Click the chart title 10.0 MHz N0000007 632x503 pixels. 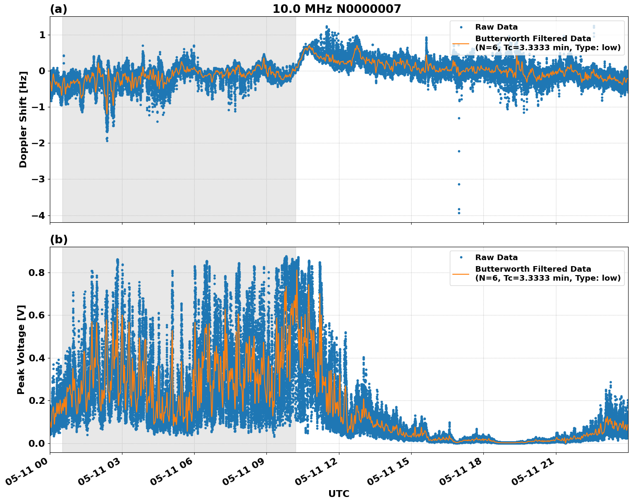[x=336, y=9]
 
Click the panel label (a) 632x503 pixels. [x=58, y=9]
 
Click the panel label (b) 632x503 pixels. [x=58, y=239]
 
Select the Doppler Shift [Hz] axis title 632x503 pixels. [x=23, y=119]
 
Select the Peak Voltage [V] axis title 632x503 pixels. [x=21, y=349]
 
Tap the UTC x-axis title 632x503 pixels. [x=339, y=494]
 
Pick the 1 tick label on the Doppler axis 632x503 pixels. [x=42, y=35]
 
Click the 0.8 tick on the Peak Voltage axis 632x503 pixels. [x=37, y=273]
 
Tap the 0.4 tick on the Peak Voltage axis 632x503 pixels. [x=37, y=358]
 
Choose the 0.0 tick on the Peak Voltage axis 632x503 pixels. [x=37, y=443]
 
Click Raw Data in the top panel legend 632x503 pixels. [x=496, y=27]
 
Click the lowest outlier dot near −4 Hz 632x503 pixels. [x=459, y=213]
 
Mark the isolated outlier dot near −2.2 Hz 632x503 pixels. [x=459, y=151]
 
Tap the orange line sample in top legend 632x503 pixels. [x=461, y=43]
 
